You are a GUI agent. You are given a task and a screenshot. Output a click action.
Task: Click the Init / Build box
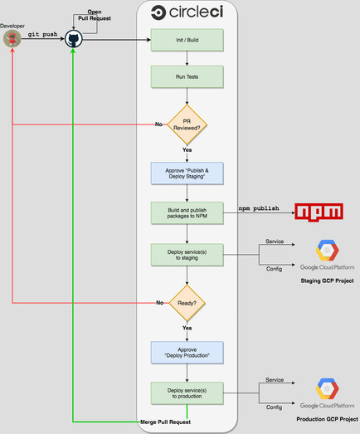[x=187, y=40]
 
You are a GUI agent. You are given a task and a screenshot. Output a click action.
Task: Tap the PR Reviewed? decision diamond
[x=187, y=124]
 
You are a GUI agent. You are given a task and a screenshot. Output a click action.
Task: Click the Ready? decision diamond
[x=187, y=303]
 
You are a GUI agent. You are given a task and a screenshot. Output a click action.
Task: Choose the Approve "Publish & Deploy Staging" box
[x=187, y=173]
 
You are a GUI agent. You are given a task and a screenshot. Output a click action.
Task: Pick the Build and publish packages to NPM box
[x=187, y=213]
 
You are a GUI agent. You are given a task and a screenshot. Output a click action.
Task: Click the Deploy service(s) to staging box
[x=187, y=255]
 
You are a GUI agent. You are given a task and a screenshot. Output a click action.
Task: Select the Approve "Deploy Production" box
[x=187, y=352]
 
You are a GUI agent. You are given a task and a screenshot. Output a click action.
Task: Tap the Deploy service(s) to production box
[x=187, y=393]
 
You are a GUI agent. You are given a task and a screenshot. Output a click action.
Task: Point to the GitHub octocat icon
[x=74, y=39]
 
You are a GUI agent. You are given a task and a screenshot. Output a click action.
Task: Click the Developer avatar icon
[x=12, y=39]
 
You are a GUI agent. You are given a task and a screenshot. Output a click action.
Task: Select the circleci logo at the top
[x=187, y=13]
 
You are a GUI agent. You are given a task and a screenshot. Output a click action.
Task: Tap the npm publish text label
[x=258, y=207]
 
